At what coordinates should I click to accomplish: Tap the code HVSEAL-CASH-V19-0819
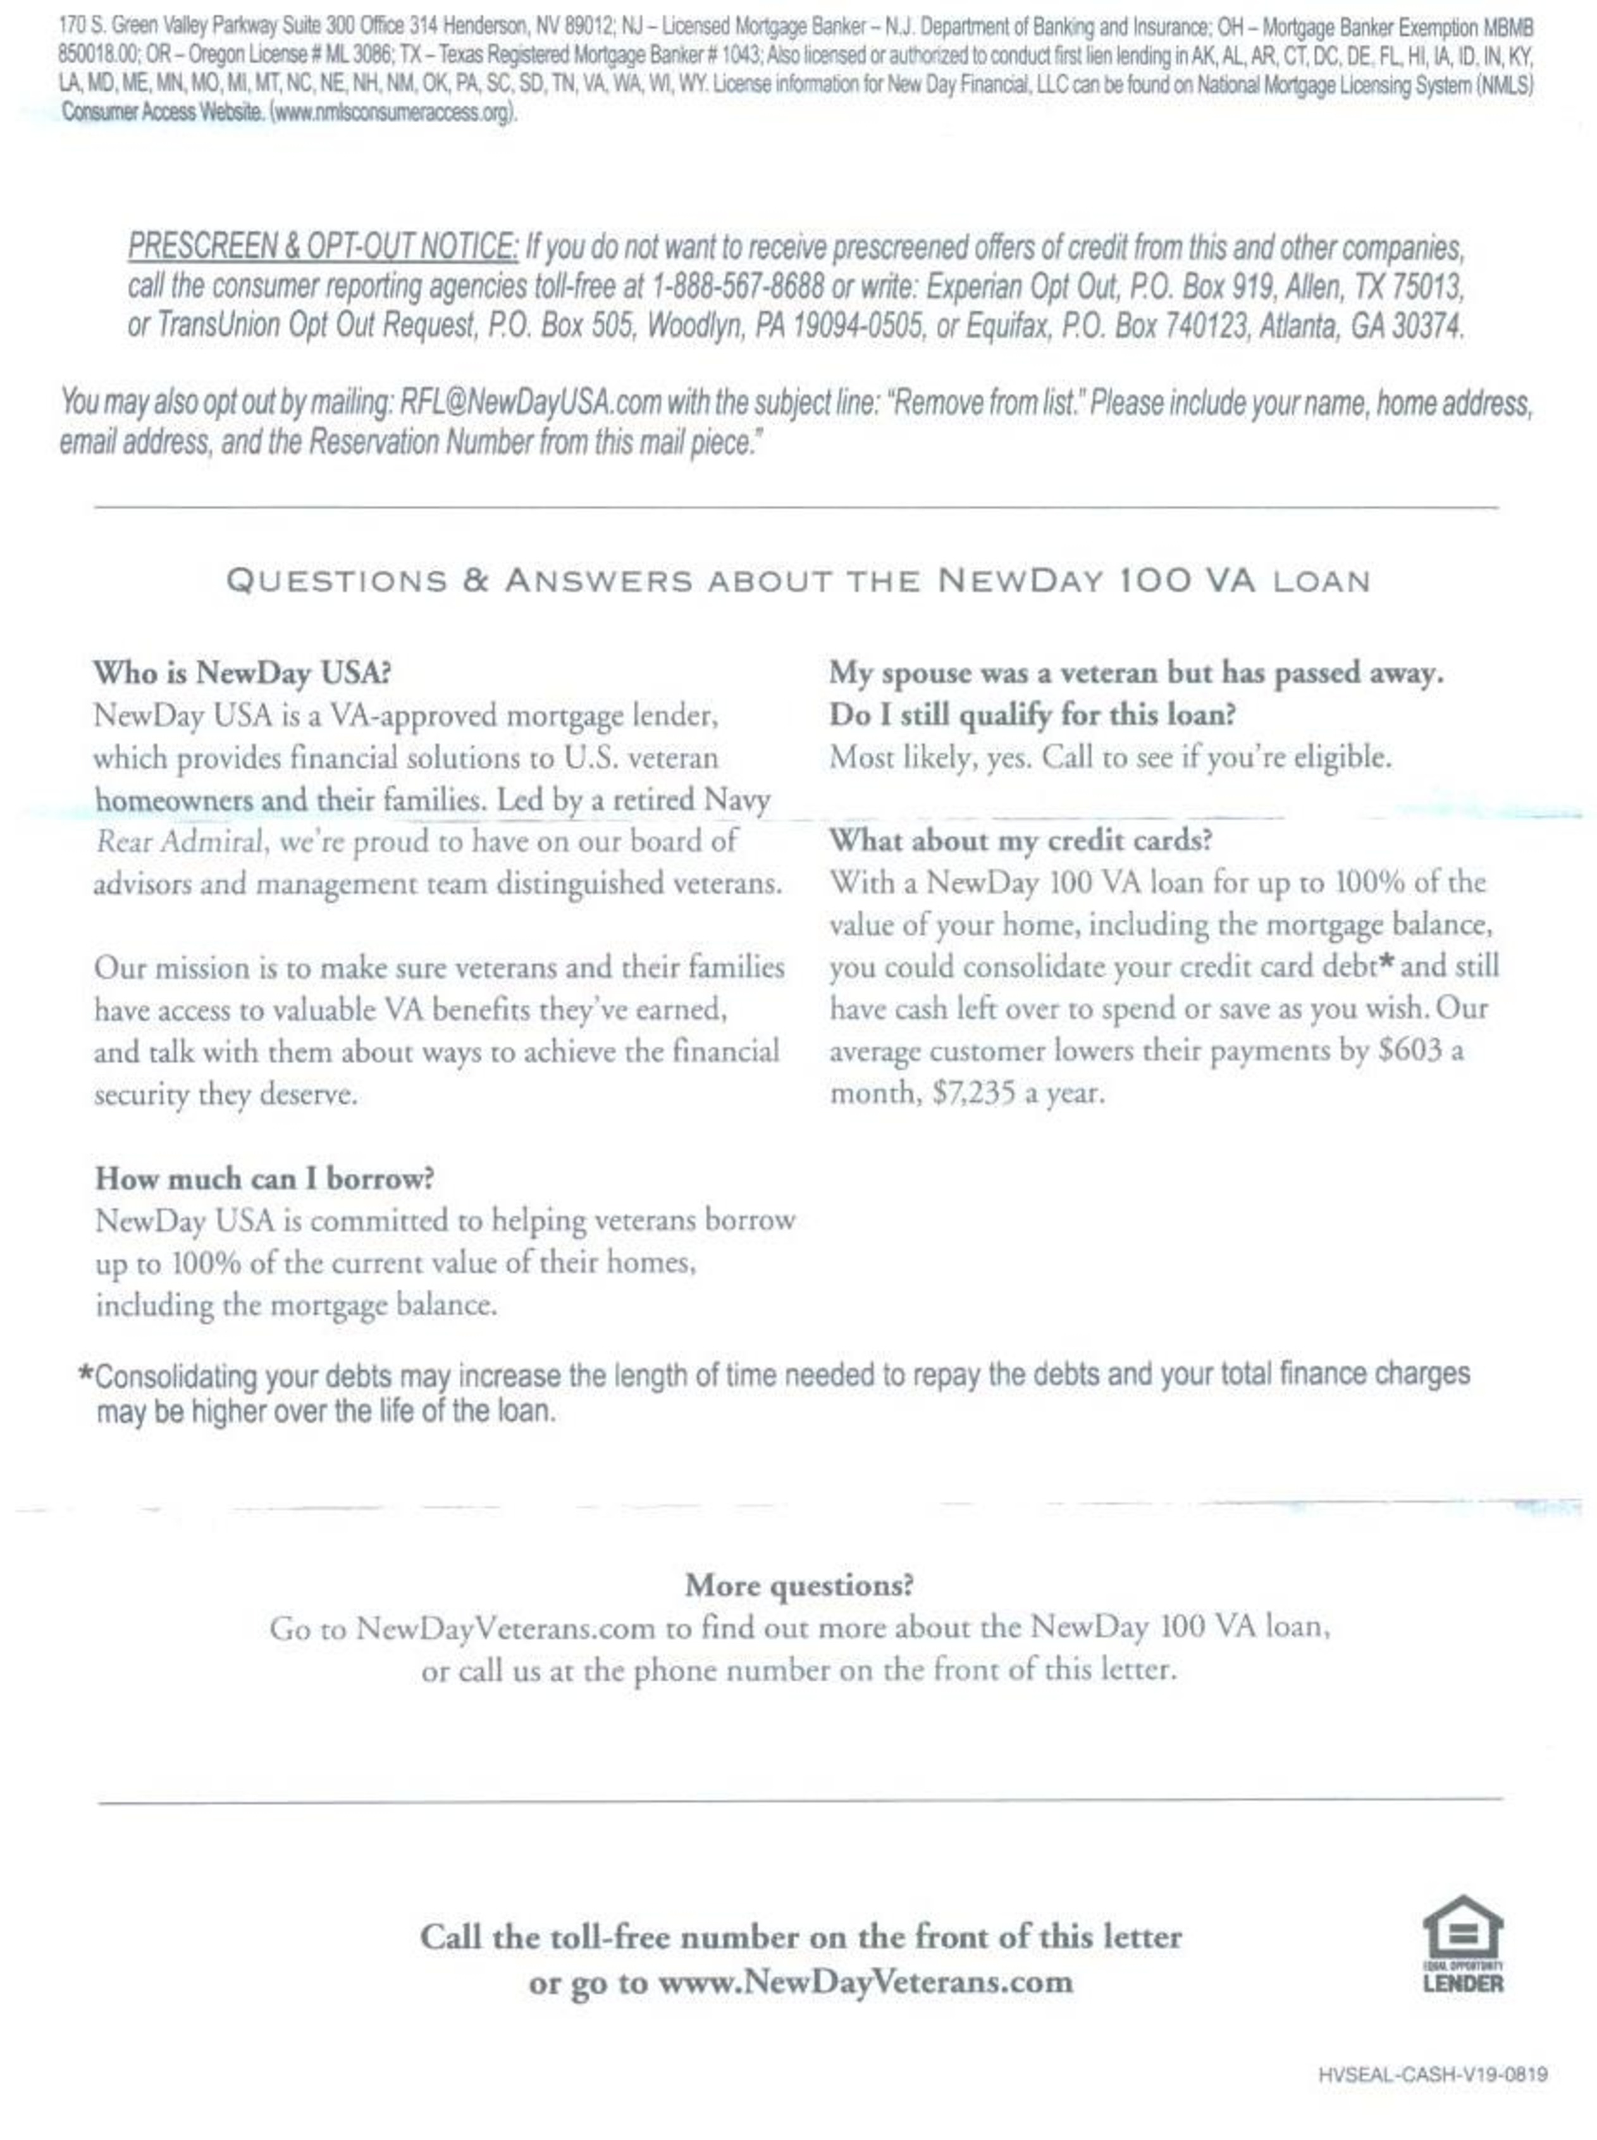pyautogui.click(x=1433, y=2074)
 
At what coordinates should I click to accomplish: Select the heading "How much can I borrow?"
pyautogui.click(x=264, y=1178)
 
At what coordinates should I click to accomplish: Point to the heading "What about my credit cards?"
pyautogui.click(x=1020, y=840)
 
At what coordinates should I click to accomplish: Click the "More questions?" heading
pyautogui.click(x=798, y=1585)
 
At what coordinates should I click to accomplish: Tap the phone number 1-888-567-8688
pyautogui.click(x=739, y=287)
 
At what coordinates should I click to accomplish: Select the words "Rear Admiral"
pyautogui.click(x=180, y=842)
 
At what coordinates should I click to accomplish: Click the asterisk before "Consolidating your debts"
pyautogui.click(x=86, y=1373)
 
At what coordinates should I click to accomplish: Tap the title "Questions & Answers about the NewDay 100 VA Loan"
pyautogui.click(x=798, y=581)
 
